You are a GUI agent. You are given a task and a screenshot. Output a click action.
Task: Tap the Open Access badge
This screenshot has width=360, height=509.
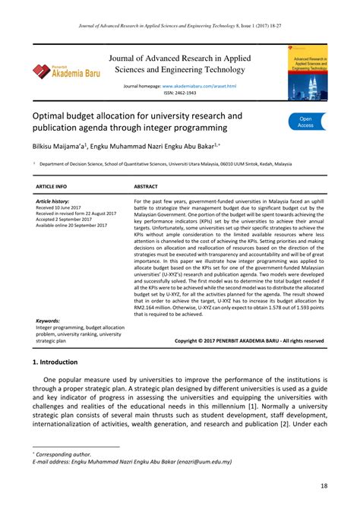tap(306, 122)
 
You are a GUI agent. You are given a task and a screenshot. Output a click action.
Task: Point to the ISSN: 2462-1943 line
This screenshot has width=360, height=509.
tap(179, 93)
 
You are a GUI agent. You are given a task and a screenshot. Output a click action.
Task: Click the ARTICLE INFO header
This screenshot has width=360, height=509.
tap(52, 185)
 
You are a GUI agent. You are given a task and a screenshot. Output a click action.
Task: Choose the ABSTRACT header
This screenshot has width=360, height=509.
tap(146, 185)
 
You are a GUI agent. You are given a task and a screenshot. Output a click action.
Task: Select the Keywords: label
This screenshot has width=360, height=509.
tap(48, 321)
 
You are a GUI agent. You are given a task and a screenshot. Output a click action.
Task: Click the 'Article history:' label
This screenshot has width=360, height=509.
tap(52, 201)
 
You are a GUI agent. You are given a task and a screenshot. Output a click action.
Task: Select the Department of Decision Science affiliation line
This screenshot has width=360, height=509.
tap(185, 163)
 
